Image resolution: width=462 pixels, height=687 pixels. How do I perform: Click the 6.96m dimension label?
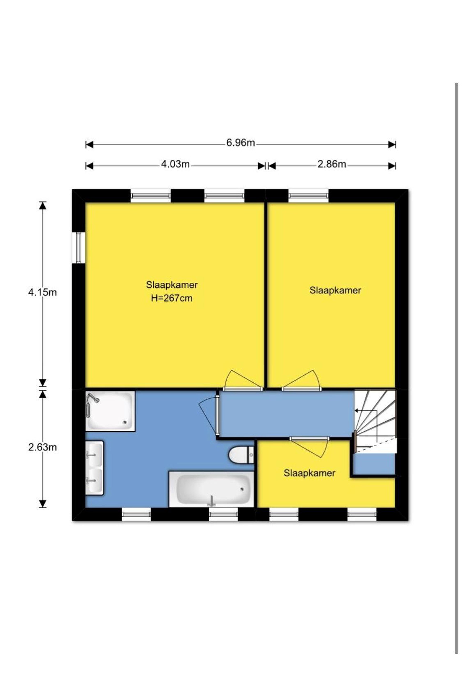tap(241, 143)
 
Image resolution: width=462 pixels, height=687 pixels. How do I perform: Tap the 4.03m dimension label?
tap(175, 164)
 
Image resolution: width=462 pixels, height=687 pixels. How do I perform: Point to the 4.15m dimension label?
tap(42, 292)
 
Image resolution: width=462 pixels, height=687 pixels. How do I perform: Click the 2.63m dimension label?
tap(42, 447)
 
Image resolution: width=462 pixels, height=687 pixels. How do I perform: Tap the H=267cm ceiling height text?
tap(172, 298)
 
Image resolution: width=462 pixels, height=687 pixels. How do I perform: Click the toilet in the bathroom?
tap(241, 454)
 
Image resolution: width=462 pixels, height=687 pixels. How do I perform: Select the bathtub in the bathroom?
tap(211, 489)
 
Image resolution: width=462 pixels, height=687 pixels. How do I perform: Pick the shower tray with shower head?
tap(110, 411)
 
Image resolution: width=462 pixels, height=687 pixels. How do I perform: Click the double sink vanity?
tap(94, 468)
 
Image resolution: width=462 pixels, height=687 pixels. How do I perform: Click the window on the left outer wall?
tap(79, 247)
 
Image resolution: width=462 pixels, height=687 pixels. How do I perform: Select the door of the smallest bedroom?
tap(309, 447)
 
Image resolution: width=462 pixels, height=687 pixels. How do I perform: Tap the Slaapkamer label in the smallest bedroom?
tap(309, 473)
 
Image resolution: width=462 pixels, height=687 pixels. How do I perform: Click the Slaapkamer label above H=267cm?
tap(172, 285)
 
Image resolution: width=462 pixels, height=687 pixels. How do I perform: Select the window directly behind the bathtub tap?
tap(223, 515)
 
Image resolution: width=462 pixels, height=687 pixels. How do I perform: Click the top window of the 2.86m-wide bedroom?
tap(308, 196)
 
